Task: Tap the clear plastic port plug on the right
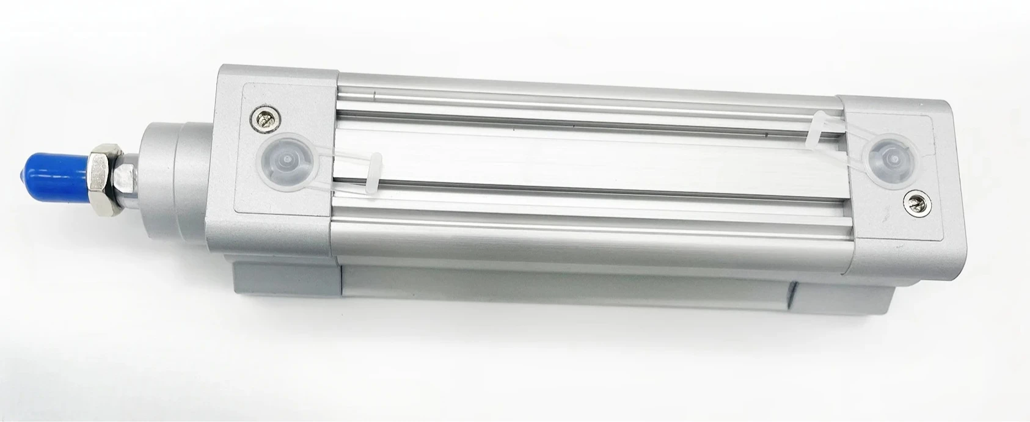[x=892, y=160]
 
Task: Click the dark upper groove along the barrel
[x=586, y=107]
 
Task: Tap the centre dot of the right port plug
[x=893, y=159]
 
